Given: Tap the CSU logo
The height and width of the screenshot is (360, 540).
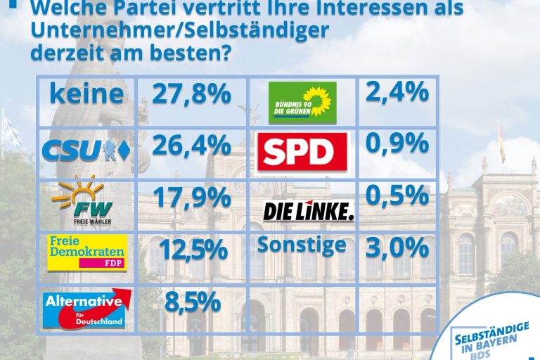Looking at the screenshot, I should click(86, 149).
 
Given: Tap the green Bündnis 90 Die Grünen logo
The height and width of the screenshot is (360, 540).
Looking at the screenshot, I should click(302, 103).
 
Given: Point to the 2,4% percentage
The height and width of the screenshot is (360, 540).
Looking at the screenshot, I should click(397, 91).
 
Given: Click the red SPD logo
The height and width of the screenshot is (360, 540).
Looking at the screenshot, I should click(302, 152).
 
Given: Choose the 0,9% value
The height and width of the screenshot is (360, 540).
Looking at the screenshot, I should click(397, 143).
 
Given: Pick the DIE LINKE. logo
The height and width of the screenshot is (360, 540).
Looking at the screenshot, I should click(308, 210).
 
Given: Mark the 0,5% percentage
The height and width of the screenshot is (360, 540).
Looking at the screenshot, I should click(397, 194).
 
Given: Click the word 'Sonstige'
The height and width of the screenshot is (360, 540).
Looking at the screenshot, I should click(302, 245).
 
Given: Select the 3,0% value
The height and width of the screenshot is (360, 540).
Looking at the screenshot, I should click(397, 247).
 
